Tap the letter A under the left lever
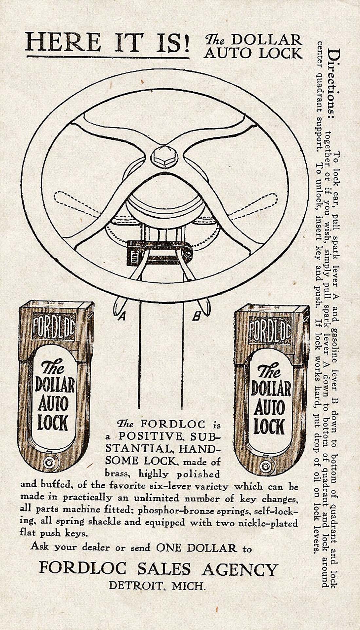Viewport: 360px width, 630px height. [x=122, y=316]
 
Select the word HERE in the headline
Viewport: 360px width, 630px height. [x=63, y=43]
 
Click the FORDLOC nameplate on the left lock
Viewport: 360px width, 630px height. [x=54, y=328]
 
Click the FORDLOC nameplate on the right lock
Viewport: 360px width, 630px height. [x=270, y=331]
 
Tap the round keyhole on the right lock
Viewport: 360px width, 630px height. [x=266, y=466]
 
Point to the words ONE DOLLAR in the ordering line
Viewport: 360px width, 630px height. [x=196, y=548]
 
